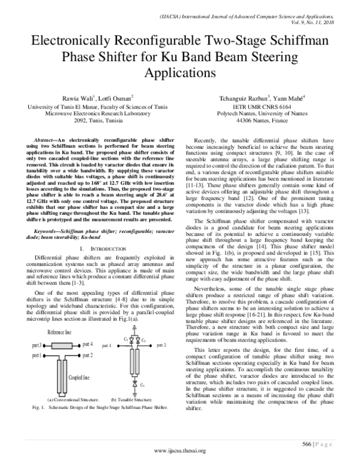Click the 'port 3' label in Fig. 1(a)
click(x=36, y=345)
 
